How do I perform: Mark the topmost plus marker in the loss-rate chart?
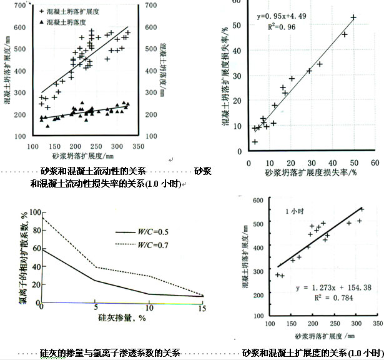tap(353, 17)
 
